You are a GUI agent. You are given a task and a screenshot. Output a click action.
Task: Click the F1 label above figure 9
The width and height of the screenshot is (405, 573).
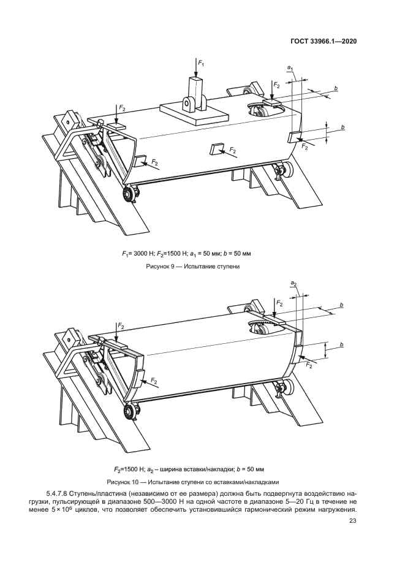click(x=201, y=63)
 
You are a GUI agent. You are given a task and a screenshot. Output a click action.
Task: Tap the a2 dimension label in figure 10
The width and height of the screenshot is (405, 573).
click(x=293, y=284)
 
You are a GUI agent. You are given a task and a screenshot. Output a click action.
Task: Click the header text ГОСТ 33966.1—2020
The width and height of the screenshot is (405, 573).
click(x=324, y=41)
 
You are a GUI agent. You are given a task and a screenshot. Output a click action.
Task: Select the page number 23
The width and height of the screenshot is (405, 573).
click(x=352, y=521)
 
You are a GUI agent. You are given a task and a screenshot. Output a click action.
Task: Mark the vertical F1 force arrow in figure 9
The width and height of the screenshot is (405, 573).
click(x=195, y=67)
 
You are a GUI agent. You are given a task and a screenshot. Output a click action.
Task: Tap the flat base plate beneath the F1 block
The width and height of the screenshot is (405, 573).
click(x=191, y=112)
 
